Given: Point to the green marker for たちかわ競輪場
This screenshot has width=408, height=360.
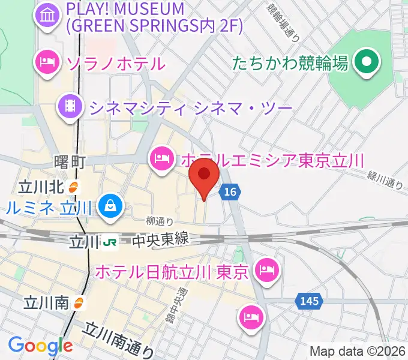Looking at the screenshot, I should (x=365, y=62).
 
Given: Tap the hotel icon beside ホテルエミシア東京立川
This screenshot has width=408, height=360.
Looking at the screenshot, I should (x=161, y=159).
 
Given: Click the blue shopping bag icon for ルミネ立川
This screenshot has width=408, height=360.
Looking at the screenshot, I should (x=111, y=207).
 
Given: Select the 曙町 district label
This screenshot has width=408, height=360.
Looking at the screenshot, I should (x=70, y=162).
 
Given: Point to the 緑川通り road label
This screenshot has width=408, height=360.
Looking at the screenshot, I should (x=385, y=179).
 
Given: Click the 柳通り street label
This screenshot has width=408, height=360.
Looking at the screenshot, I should (x=160, y=221).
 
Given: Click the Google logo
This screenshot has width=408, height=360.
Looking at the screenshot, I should (x=40, y=346).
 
